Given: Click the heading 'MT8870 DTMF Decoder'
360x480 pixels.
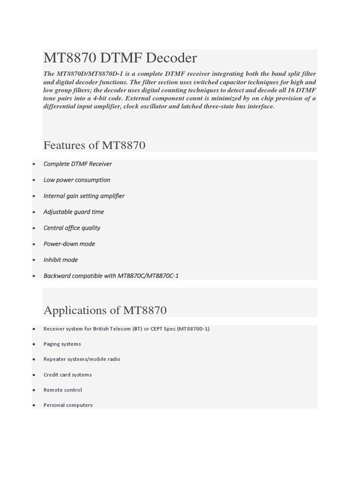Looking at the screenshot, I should tap(120, 58).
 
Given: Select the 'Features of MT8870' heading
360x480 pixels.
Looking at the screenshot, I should tap(94, 145).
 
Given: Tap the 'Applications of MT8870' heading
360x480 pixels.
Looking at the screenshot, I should tap(105, 310).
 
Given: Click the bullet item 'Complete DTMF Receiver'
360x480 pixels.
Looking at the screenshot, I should tap(77, 164).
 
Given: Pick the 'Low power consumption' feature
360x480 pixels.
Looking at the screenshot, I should tap(77, 180).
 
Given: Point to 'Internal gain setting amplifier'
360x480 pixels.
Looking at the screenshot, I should tap(84, 196).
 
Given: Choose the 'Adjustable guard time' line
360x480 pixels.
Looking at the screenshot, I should tap(74, 212).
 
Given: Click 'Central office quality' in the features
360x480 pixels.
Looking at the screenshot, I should tap(72, 228).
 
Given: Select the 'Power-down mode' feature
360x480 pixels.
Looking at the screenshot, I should tap(69, 244).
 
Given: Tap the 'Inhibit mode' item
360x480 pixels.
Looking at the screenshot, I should tap(60, 260).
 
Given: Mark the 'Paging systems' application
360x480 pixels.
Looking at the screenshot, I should tap(62, 344).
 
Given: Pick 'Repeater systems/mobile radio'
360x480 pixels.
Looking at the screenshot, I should tap(82, 359).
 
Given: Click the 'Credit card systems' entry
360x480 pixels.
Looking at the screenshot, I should tap(67, 375).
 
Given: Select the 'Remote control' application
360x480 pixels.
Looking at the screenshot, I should tap(62, 390).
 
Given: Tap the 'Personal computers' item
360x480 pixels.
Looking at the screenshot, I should tap(68, 405).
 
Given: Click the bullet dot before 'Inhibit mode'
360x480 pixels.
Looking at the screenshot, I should tap(34, 260).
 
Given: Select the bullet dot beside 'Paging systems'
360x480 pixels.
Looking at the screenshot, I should tap(34, 345).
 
